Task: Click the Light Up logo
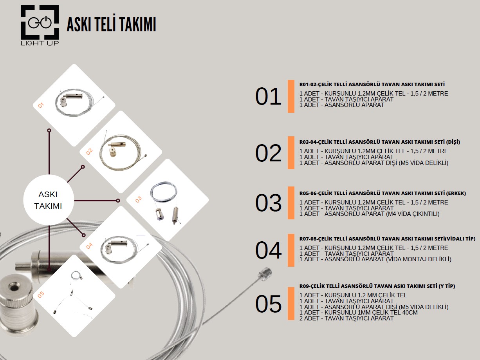40,25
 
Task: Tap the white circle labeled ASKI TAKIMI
49,200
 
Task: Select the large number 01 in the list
268,96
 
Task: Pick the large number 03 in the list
268,203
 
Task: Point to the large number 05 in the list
268,304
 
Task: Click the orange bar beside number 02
291,153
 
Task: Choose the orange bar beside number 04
291,250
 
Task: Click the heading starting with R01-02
372,85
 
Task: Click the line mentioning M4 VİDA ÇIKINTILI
369,213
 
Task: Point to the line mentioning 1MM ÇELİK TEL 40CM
358,312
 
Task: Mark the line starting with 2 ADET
346,318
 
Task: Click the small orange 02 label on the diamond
89,151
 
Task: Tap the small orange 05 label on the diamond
41,295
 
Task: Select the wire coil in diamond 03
164,192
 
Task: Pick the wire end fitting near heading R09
265,273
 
